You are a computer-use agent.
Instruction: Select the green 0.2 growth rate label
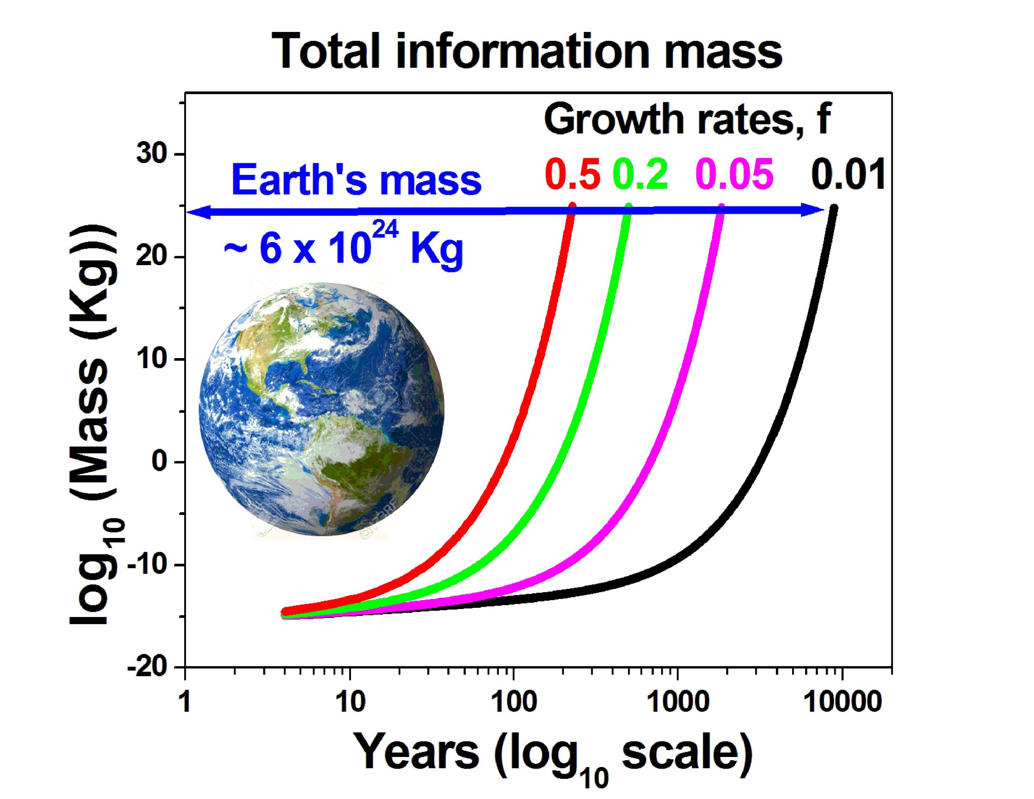[x=641, y=174]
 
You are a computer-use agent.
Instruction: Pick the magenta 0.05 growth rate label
[x=735, y=174]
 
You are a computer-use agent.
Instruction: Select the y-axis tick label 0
[x=161, y=462]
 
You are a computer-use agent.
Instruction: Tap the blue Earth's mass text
[x=356, y=180]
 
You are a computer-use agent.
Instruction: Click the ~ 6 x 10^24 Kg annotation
[x=343, y=247]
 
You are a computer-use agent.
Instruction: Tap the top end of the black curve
[x=834, y=208]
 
